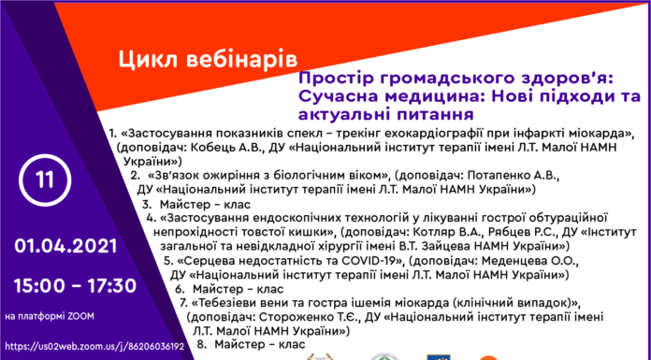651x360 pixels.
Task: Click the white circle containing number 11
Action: (45, 180)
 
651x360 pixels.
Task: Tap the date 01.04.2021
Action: (65, 247)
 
